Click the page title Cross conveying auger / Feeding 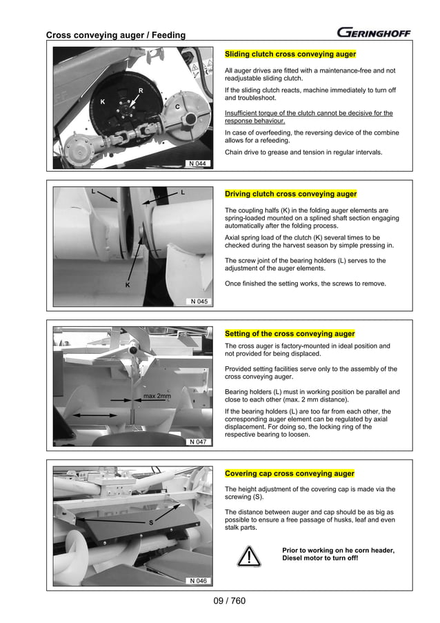(x=115, y=35)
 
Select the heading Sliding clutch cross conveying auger (x=290, y=54)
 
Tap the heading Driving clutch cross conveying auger (x=291, y=194)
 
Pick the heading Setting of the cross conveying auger (x=290, y=334)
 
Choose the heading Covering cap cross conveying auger (x=290, y=474)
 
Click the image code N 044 (x=198, y=164)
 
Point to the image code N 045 (x=198, y=301)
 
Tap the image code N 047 (x=198, y=442)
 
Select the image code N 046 (x=198, y=581)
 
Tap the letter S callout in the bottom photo (x=150, y=523)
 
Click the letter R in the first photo (x=141, y=90)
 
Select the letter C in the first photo (x=177, y=108)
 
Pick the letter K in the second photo (x=127, y=284)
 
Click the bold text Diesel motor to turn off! (x=320, y=558)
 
